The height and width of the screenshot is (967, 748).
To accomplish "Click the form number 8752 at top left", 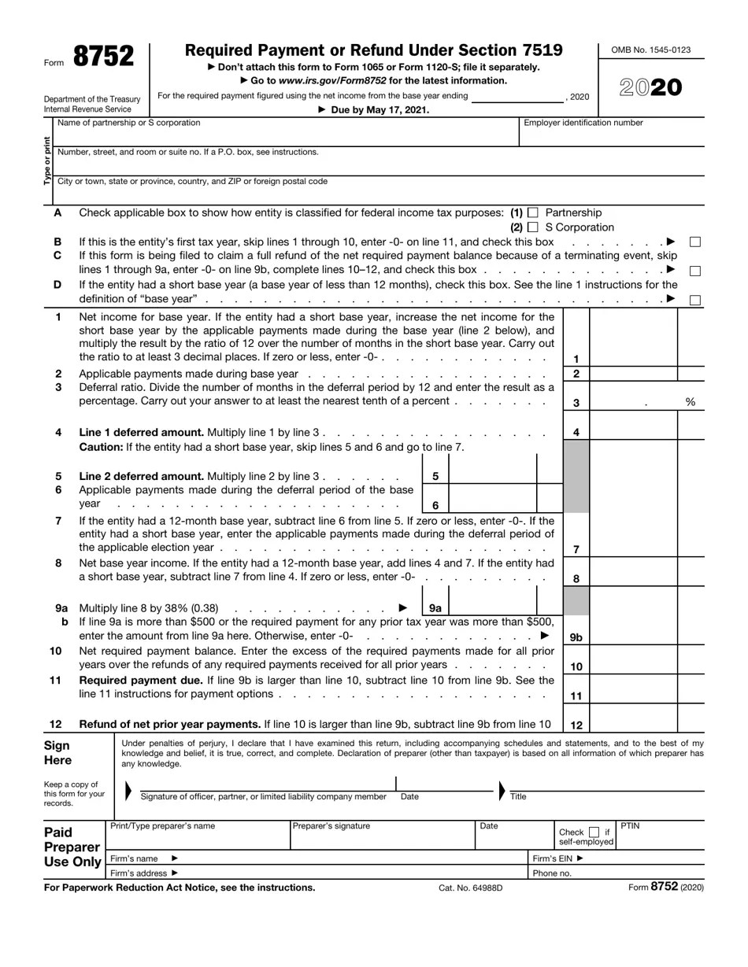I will (x=103, y=57).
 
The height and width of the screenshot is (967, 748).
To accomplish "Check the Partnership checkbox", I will (x=533, y=212).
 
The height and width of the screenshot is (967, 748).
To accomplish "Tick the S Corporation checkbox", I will (x=533, y=227).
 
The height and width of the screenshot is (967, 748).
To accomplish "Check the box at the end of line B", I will (x=695, y=242).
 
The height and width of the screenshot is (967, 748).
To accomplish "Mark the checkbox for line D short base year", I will (x=695, y=300).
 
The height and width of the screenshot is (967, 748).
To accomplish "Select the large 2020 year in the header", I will (x=651, y=88).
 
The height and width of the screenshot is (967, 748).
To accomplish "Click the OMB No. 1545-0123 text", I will (x=651, y=50).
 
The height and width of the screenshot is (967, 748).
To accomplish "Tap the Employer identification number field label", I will (x=583, y=123).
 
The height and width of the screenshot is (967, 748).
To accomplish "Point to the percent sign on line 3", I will (x=691, y=402).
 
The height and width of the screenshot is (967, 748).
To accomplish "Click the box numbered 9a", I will (x=435, y=608).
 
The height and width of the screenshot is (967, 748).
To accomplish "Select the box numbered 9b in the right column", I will (x=576, y=637).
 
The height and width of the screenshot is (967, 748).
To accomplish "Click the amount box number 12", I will (x=576, y=725).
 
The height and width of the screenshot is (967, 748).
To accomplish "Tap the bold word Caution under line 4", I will (x=100, y=447).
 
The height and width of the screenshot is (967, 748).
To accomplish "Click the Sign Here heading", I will (x=57, y=752).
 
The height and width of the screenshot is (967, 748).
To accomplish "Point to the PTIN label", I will (x=630, y=826).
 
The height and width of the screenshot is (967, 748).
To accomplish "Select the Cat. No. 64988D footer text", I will (x=470, y=888).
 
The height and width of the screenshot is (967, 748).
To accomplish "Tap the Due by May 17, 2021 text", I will (x=373, y=110).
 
